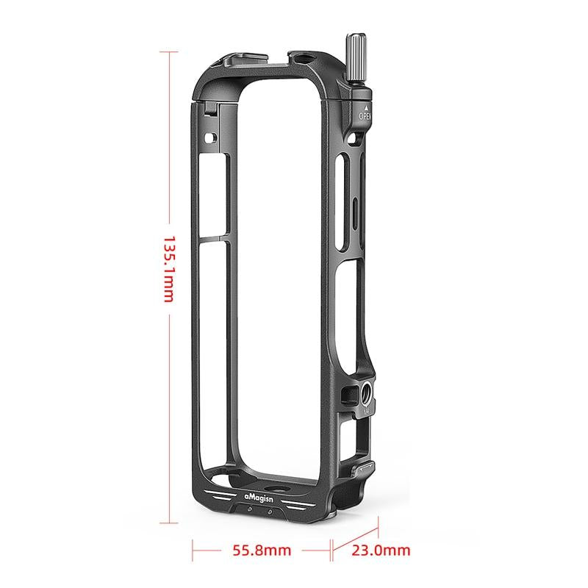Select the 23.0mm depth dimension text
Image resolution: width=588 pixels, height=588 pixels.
pyautogui.click(x=381, y=549)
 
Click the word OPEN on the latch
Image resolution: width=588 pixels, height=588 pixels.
pyautogui.click(x=365, y=115)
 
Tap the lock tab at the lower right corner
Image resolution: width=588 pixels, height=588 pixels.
pyautogui.click(x=365, y=467)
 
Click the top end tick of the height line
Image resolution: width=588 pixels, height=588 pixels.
pyautogui.click(x=168, y=52)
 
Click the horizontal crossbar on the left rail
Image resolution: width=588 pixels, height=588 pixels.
pyautogui.click(x=215, y=238)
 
